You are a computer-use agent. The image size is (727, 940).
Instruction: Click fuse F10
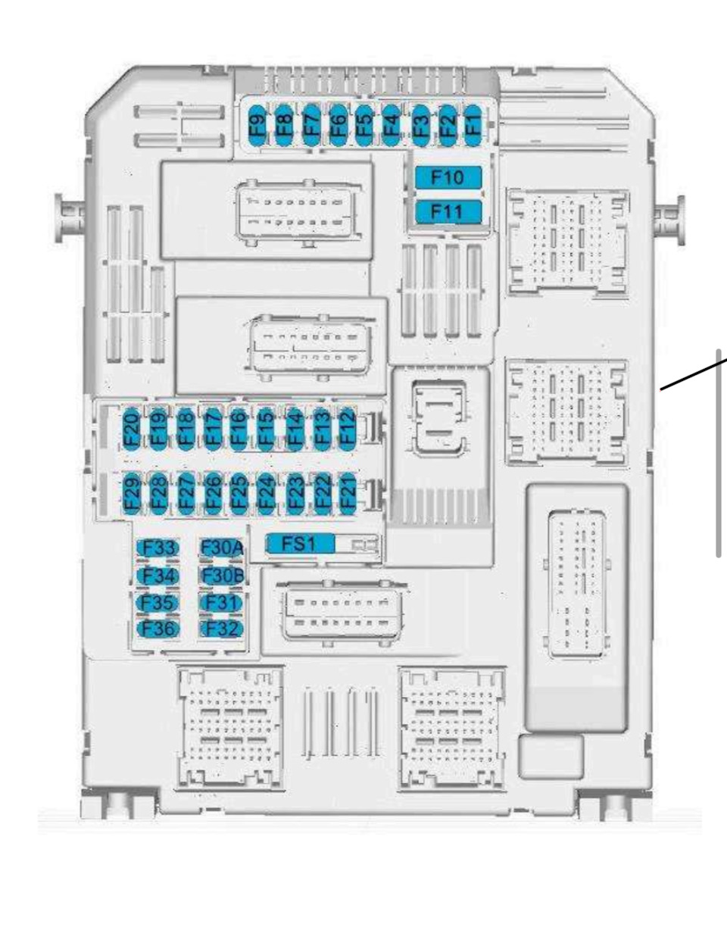(x=448, y=177)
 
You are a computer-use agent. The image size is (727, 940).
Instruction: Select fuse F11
(x=448, y=211)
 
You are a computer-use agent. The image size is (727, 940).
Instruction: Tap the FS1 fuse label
(x=299, y=543)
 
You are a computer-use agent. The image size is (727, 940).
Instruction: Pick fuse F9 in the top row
(x=259, y=121)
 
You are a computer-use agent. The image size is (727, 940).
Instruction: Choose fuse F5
(x=365, y=121)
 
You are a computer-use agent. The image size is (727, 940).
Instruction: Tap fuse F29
(x=131, y=492)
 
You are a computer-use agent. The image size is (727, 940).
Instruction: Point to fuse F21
(x=347, y=492)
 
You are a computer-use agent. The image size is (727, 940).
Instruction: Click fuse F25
(x=239, y=492)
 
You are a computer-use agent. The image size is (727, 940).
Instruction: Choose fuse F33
(x=158, y=548)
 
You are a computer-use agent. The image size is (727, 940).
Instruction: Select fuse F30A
(x=222, y=548)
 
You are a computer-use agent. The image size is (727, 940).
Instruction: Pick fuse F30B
(x=222, y=576)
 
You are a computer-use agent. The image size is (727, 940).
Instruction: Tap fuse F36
(x=158, y=629)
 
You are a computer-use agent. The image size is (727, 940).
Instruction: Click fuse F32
(x=222, y=629)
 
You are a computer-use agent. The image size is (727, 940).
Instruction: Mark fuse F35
(x=158, y=603)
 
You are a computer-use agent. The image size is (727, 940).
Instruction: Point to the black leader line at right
(x=693, y=375)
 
